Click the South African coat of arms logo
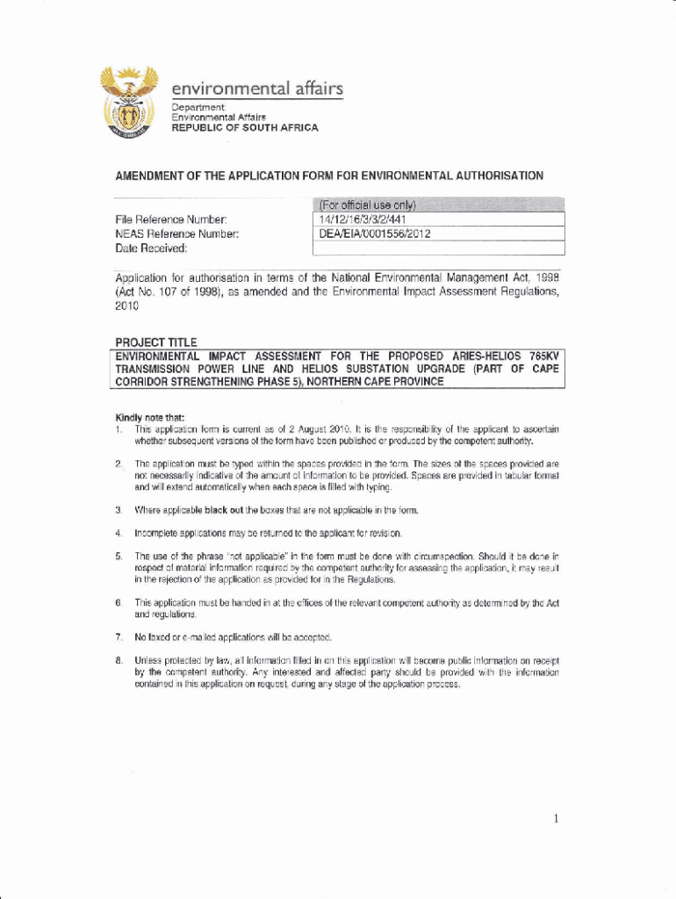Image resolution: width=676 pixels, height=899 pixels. pos(128,102)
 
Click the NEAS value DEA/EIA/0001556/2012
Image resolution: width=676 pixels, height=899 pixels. pos(376,234)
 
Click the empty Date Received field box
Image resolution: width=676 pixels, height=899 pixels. pos(435,248)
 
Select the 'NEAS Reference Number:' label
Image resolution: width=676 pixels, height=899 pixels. pos(176,234)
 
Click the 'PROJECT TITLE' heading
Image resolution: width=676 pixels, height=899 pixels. pos(156,342)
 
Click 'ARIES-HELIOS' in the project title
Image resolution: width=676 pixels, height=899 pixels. pos(485,356)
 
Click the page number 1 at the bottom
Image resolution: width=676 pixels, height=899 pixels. pos(556,819)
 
